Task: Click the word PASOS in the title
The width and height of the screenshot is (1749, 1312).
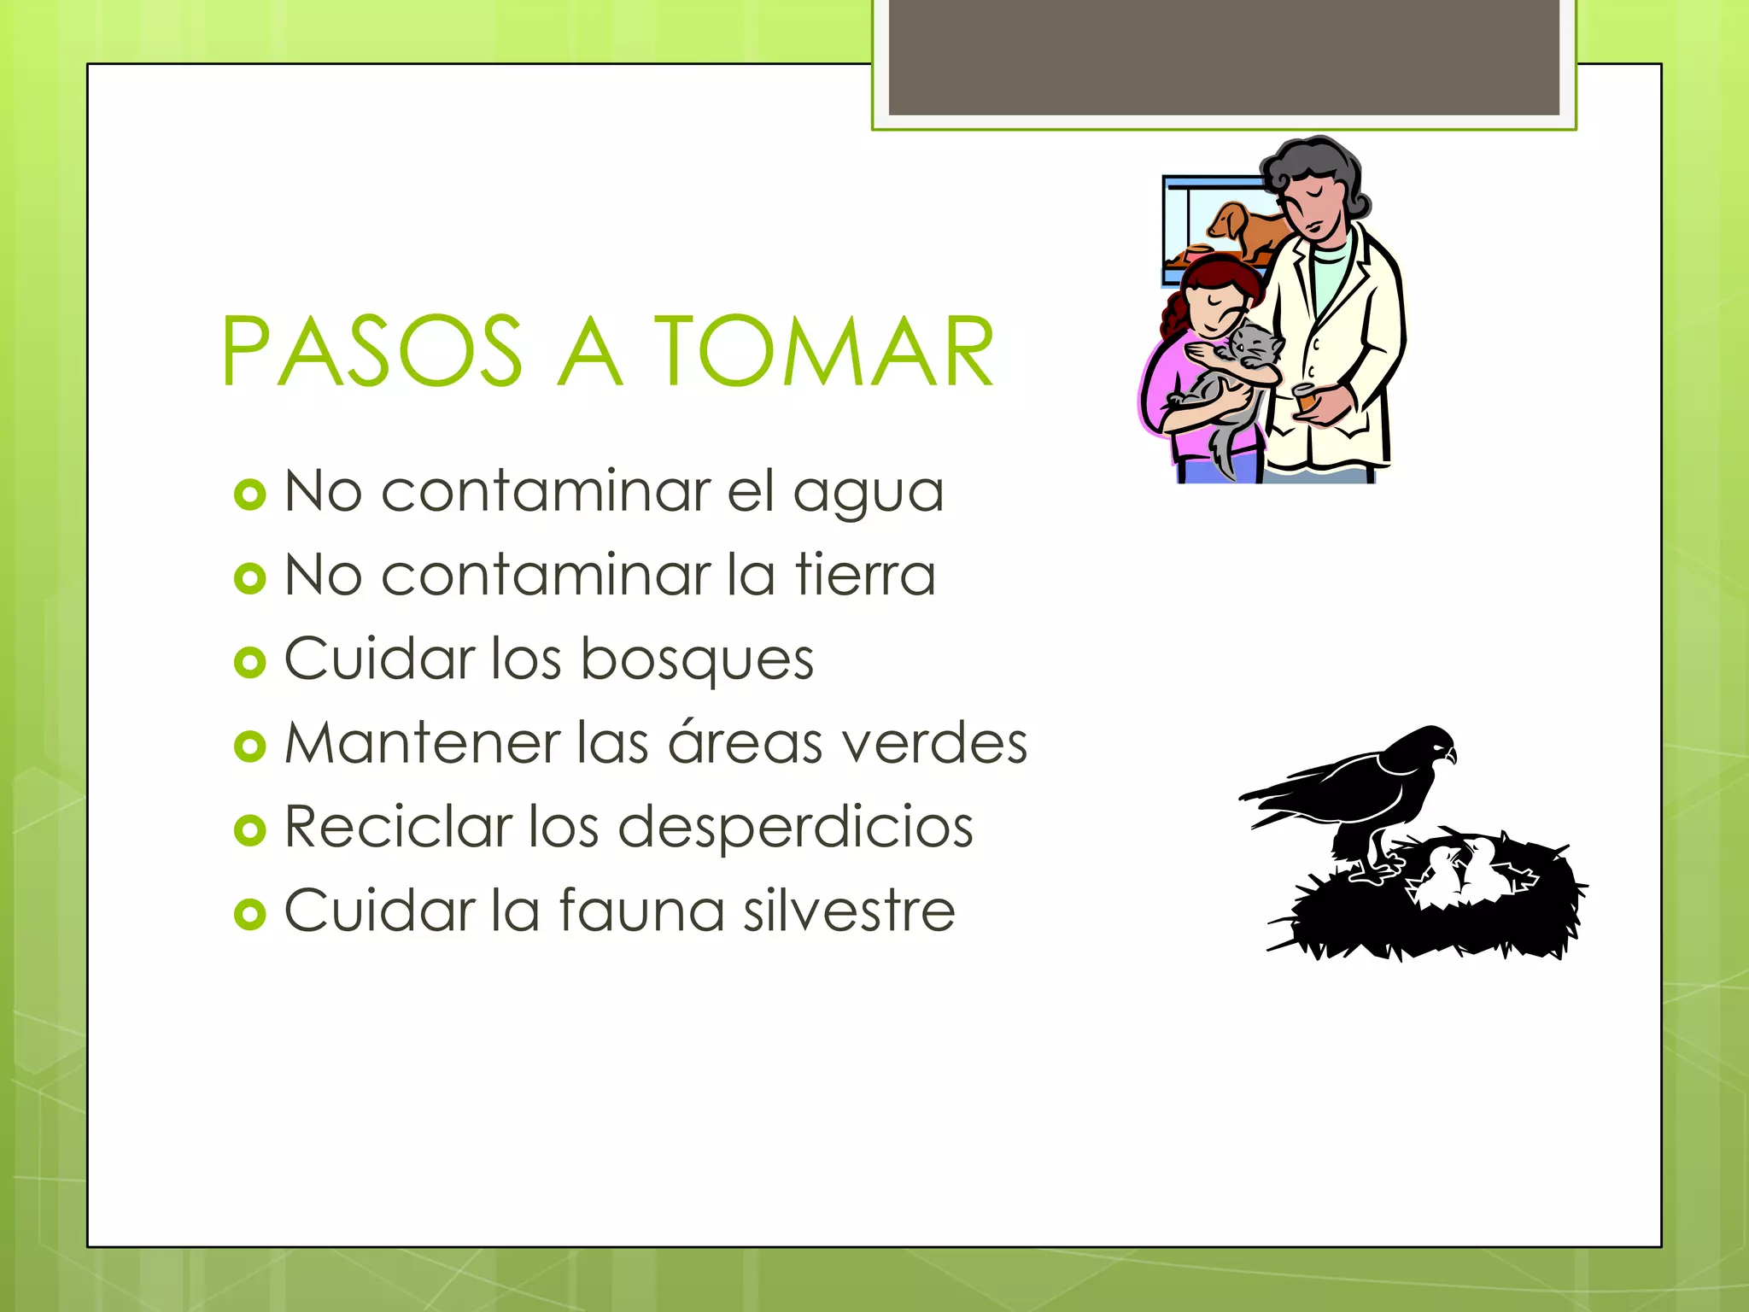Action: tap(371, 351)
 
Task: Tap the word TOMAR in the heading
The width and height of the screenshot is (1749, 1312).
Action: tap(824, 351)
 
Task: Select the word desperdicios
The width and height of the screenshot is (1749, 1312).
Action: tap(795, 827)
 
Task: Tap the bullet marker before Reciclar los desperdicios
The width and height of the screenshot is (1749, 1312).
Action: tap(249, 830)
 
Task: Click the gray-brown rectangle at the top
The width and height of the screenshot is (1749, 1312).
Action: tap(1223, 56)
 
